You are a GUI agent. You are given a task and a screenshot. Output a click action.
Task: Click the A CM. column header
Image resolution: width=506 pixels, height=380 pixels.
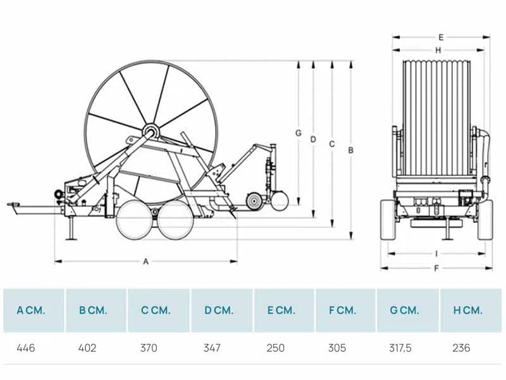[31, 310]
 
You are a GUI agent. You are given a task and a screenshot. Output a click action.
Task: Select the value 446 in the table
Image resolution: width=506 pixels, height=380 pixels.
[26, 348]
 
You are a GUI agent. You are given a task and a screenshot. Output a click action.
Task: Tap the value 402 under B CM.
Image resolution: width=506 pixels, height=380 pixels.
[87, 348]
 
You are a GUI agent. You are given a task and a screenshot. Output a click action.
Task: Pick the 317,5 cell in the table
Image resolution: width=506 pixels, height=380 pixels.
[400, 348]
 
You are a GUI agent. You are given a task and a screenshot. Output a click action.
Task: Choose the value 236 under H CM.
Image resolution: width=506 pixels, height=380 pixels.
[461, 348]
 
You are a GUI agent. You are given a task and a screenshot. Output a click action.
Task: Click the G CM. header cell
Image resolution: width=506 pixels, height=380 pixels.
[404, 310]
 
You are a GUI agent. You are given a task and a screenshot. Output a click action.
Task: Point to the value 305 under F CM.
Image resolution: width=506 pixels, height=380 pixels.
[337, 348]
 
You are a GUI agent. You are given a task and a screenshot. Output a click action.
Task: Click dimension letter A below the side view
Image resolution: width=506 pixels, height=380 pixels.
[146, 262]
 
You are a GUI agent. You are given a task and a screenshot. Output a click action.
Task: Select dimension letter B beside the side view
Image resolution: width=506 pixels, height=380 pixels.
[351, 150]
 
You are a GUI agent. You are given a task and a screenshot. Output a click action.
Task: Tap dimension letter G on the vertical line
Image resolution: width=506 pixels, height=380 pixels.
[298, 133]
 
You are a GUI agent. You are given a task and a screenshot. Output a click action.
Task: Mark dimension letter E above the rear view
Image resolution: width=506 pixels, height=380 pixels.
[441, 37]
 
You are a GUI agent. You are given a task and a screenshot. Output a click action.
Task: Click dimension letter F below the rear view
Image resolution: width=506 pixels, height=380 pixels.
[436, 268]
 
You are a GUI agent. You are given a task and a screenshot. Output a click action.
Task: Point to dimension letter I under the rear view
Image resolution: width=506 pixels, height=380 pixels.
[436, 254]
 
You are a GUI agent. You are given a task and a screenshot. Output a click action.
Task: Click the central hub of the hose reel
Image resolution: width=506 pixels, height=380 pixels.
[151, 132]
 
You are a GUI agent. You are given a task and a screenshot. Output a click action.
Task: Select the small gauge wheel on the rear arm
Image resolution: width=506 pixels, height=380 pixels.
[254, 201]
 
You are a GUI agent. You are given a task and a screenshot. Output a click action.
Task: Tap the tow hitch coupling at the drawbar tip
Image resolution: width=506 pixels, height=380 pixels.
[13, 205]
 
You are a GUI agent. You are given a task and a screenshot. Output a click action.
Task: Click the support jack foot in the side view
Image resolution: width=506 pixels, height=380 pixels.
[71, 239]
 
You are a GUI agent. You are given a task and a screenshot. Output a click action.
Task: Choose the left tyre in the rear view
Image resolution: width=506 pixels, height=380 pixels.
[388, 220]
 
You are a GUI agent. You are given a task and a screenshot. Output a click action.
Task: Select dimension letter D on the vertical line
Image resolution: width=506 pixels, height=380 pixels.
[313, 139]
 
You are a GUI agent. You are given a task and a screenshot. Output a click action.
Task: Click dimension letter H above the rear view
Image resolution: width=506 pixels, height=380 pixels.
[438, 51]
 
